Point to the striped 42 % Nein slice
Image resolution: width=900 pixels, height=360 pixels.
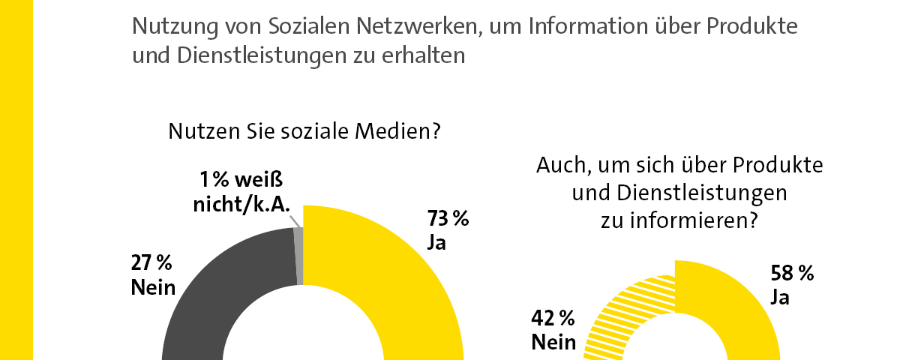point(622,315)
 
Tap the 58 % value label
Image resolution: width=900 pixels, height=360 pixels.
point(792,274)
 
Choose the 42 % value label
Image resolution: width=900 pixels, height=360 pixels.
point(553,319)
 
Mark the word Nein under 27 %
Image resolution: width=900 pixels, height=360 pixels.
point(153,287)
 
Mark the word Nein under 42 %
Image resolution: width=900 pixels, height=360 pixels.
point(553,343)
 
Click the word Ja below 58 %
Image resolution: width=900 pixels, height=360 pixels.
point(780,298)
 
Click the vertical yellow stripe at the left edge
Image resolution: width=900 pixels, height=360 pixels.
point(16,180)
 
